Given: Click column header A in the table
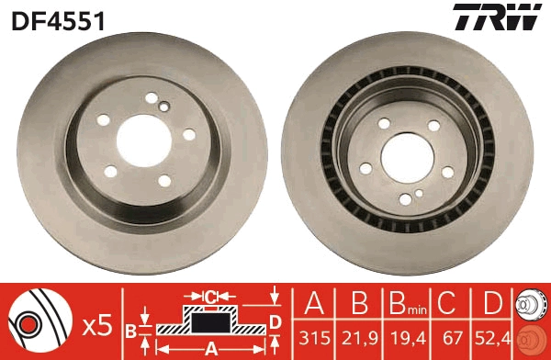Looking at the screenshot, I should point(315,300).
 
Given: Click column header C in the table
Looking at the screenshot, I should point(450,300).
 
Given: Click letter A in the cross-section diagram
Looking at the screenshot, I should point(209,349).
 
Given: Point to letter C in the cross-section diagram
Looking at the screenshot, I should point(210,296).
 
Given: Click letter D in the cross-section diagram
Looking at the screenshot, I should point(275,321).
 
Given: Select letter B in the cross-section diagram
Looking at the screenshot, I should point(130,329).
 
